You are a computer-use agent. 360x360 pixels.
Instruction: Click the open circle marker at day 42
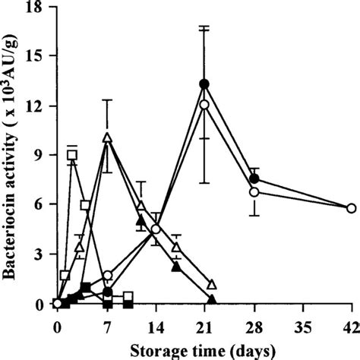pyautogui.click(x=351, y=208)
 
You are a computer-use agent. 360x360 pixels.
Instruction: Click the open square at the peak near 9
pyautogui.click(x=72, y=155)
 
